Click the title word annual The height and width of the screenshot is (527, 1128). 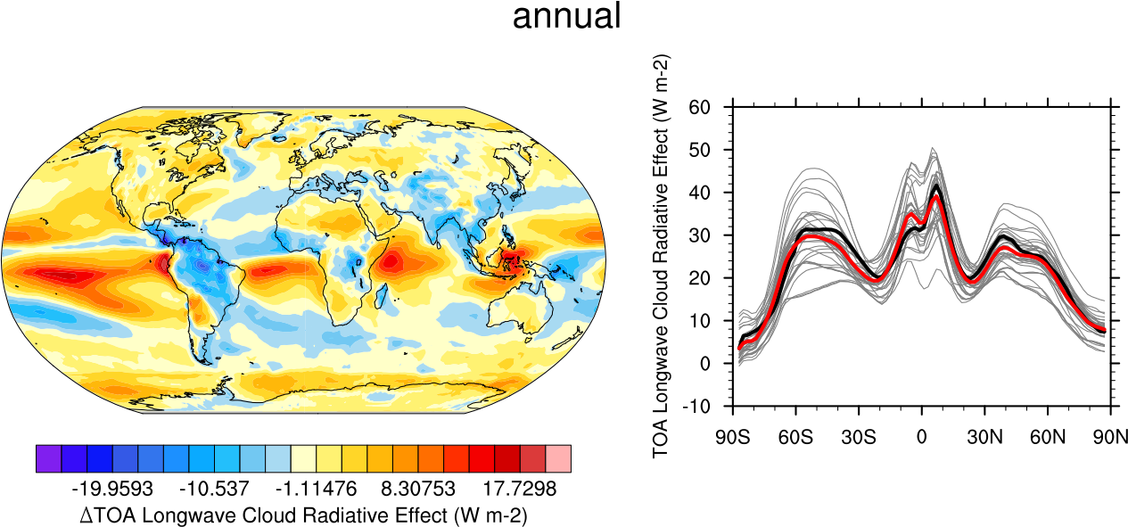click(x=566, y=17)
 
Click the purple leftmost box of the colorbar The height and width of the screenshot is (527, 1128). click(x=48, y=459)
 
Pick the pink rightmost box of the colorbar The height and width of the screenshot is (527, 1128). click(x=558, y=459)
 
